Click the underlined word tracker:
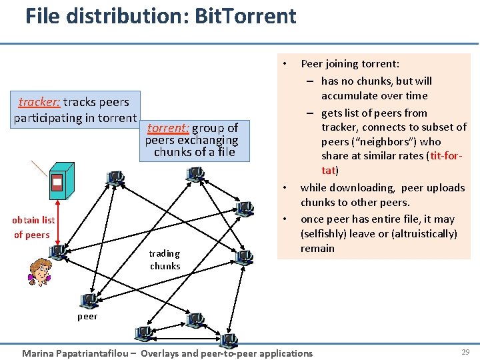[x=39, y=102]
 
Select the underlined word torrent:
[x=168, y=128]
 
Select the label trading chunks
[x=165, y=259]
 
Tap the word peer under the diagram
[x=87, y=316]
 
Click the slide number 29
[x=465, y=351]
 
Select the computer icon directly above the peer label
[x=87, y=301]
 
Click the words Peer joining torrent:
[x=350, y=64]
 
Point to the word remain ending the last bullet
[x=317, y=248]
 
